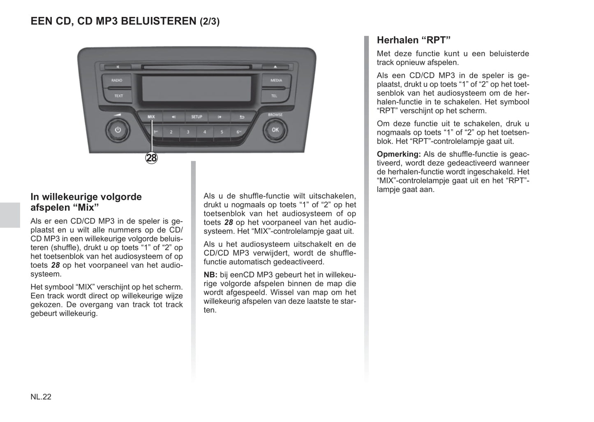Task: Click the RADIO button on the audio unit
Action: [x=117, y=81]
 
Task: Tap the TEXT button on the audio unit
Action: [x=118, y=96]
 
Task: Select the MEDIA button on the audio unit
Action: [x=276, y=81]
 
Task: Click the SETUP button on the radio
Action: [x=196, y=117]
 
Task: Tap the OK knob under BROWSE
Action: [x=275, y=130]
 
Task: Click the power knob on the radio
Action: [x=118, y=130]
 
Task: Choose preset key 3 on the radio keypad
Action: [x=188, y=132]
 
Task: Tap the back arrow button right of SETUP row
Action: [x=242, y=117]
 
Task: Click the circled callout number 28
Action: [x=152, y=158]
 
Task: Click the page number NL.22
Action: [x=41, y=397]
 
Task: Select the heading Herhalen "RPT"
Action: [x=414, y=40]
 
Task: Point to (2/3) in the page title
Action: [x=210, y=21]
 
